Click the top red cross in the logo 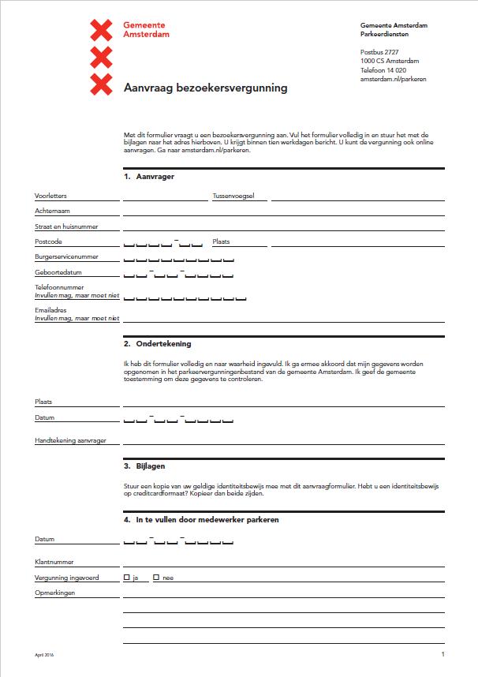(102, 31)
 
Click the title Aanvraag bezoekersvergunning (206, 88)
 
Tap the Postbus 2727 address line (379, 52)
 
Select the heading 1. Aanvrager (149, 177)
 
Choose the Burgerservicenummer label (65, 257)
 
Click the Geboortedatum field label (58, 273)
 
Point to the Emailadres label (50, 310)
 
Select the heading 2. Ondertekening (157, 344)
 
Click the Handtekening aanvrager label (70, 440)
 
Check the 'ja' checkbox (127, 578)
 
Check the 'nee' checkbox (156, 578)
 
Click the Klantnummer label (54, 563)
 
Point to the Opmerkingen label (54, 593)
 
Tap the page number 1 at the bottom (443, 654)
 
